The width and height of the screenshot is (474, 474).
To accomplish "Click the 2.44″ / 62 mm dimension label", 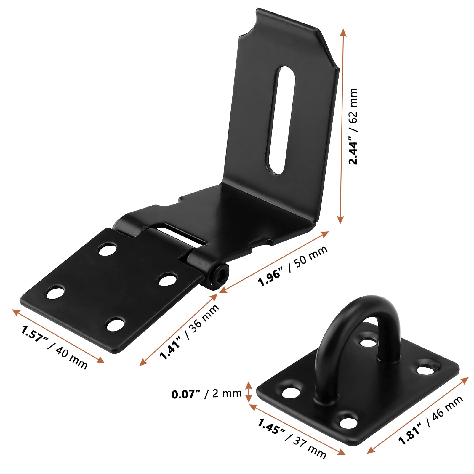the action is click(x=353, y=126).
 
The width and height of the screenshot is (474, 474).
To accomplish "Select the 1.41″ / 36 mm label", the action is click(x=189, y=332).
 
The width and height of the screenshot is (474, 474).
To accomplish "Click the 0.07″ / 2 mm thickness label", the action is click(x=206, y=394).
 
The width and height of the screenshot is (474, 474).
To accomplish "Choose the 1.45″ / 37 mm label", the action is click(x=292, y=438).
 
